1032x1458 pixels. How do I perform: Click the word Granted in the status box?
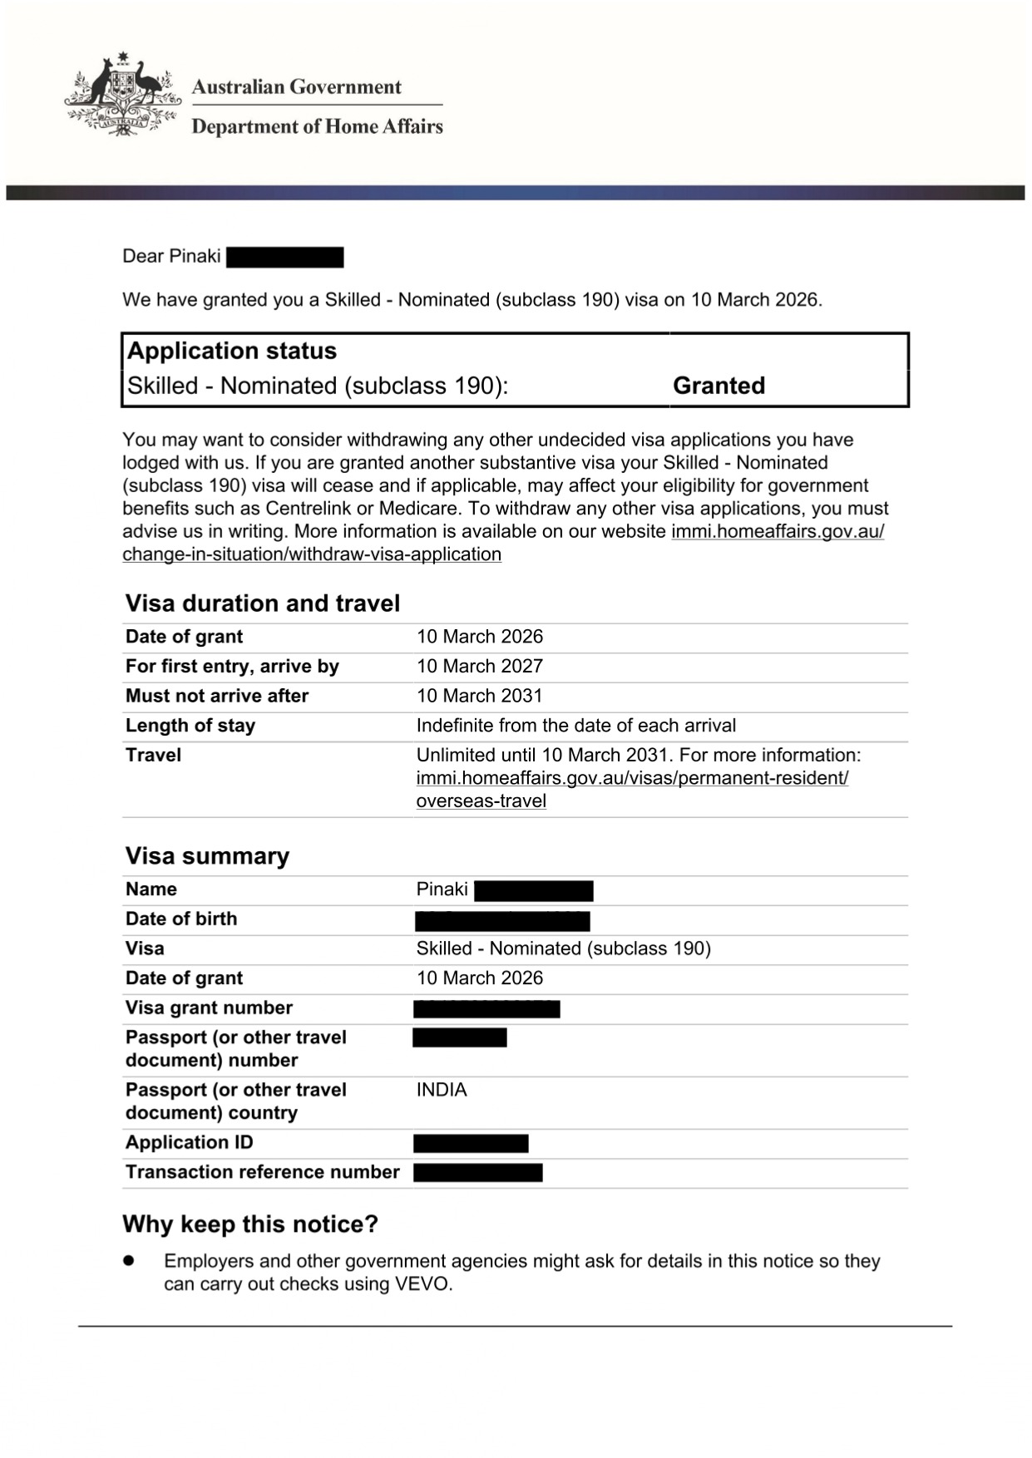718,386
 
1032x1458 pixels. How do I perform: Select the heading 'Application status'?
231,351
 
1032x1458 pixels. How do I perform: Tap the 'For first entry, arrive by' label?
232,667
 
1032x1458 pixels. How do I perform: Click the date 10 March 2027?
479,667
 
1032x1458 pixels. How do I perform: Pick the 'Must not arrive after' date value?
479,696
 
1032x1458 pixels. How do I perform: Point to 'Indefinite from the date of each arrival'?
575,726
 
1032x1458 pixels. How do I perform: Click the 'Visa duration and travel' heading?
262,603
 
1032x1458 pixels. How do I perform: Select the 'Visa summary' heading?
207,856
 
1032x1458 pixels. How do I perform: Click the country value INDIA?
442,1090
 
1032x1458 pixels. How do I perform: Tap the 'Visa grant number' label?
209,1008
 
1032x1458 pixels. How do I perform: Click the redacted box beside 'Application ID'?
471,1144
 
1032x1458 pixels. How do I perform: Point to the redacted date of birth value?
502,921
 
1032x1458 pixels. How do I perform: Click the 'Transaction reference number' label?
262,1172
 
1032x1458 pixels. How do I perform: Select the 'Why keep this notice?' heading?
250,1224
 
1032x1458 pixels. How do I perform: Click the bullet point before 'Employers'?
129,1261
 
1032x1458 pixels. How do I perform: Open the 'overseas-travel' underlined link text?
481,801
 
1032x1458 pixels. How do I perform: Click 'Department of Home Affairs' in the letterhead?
317,126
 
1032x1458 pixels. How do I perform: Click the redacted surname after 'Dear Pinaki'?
284,257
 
